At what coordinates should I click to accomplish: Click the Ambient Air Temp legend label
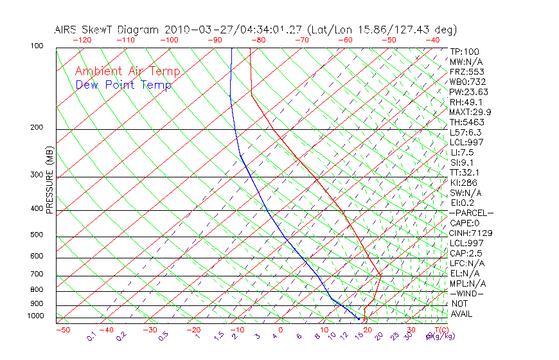[x=127, y=71]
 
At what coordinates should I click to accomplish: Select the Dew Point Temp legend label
[x=123, y=85]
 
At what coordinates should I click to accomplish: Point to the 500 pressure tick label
[x=37, y=235]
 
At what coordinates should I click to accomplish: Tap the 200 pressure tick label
[x=37, y=127]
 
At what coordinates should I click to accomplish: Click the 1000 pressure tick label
[x=35, y=316]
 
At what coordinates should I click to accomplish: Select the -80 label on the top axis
[x=257, y=39]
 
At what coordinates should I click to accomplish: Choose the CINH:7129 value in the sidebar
[x=468, y=233]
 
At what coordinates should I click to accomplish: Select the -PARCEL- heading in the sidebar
[x=471, y=213]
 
